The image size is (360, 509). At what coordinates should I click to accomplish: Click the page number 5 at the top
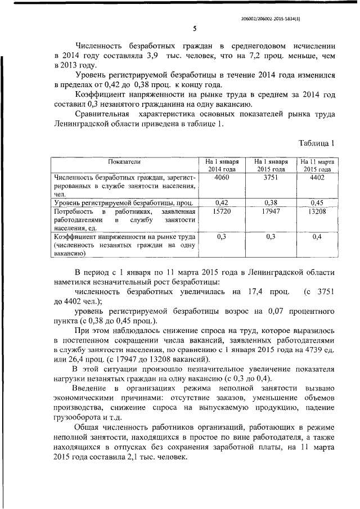pyautogui.click(x=194, y=29)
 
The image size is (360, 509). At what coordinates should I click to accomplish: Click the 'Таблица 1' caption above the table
pyautogui.click(x=317, y=143)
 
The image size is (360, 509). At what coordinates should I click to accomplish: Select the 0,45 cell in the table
pyautogui.click(x=318, y=201)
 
